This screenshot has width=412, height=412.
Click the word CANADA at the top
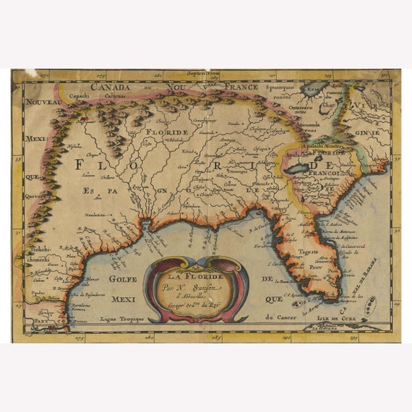click(111, 87)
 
